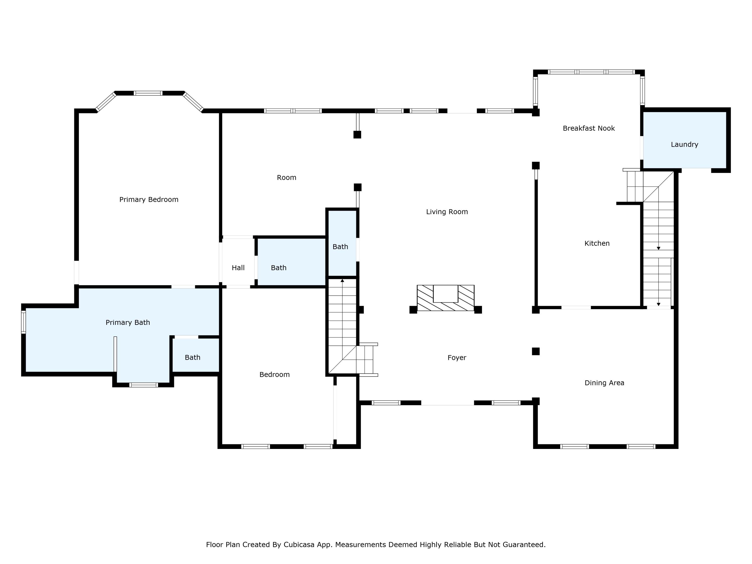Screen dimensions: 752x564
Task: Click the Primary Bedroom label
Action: pyautogui.click(x=149, y=200)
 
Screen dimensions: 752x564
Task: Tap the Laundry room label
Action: pyautogui.click(x=684, y=144)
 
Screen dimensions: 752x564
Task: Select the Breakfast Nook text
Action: pyautogui.click(x=589, y=128)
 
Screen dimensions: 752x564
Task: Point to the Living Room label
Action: pyautogui.click(x=447, y=212)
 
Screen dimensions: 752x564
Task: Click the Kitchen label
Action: pyautogui.click(x=597, y=243)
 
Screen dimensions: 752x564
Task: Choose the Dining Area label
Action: pyautogui.click(x=604, y=383)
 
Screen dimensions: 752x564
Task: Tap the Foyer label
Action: pyautogui.click(x=457, y=358)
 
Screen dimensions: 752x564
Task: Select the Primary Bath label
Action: pyautogui.click(x=128, y=323)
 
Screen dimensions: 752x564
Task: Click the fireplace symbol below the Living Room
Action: pyautogui.click(x=445, y=298)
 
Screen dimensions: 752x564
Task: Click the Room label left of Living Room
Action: pyautogui.click(x=287, y=177)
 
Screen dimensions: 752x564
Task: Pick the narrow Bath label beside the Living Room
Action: pyautogui.click(x=340, y=247)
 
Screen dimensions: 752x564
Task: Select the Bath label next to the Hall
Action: pyautogui.click(x=279, y=268)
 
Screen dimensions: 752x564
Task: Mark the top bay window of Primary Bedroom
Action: pyautogui.click(x=148, y=93)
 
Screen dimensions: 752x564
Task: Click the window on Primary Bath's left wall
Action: pyautogui.click(x=24, y=322)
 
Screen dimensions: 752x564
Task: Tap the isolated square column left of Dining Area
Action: pyautogui.click(x=536, y=351)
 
